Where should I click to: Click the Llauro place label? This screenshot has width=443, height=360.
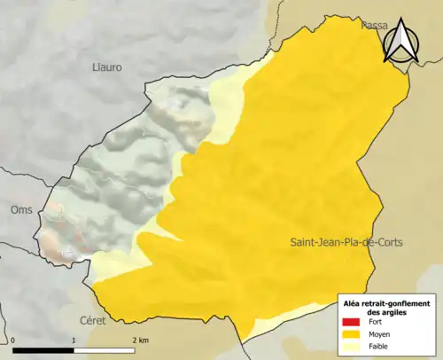(x=107, y=67)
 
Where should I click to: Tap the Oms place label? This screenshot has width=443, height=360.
(x=19, y=210)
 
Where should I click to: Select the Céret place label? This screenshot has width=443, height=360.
(x=117, y=319)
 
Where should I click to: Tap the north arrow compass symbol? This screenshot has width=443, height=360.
(x=403, y=42)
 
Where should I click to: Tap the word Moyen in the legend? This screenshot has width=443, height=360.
(x=377, y=335)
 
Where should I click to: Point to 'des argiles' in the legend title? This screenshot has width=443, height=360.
(x=386, y=312)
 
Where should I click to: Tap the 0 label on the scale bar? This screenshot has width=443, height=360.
(x=15, y=340)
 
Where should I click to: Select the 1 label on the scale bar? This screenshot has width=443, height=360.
(x=74, y=340)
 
